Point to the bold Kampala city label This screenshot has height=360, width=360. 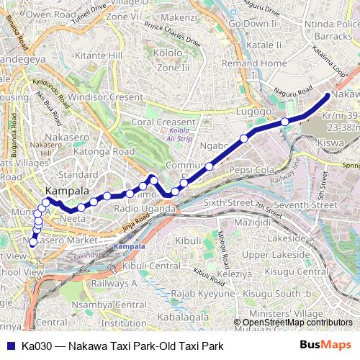click(67, 191)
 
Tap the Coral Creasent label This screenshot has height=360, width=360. click(163, 122)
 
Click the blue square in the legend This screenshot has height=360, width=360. click(9, 346)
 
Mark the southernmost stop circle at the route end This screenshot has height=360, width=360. click(32, 243)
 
